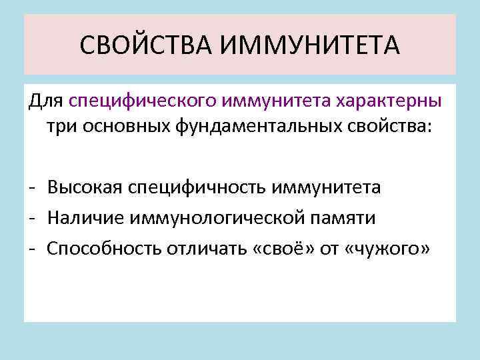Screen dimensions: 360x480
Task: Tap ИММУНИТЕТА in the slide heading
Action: pos(310,46)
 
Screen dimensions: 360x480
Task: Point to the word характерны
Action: pos(389,102)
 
